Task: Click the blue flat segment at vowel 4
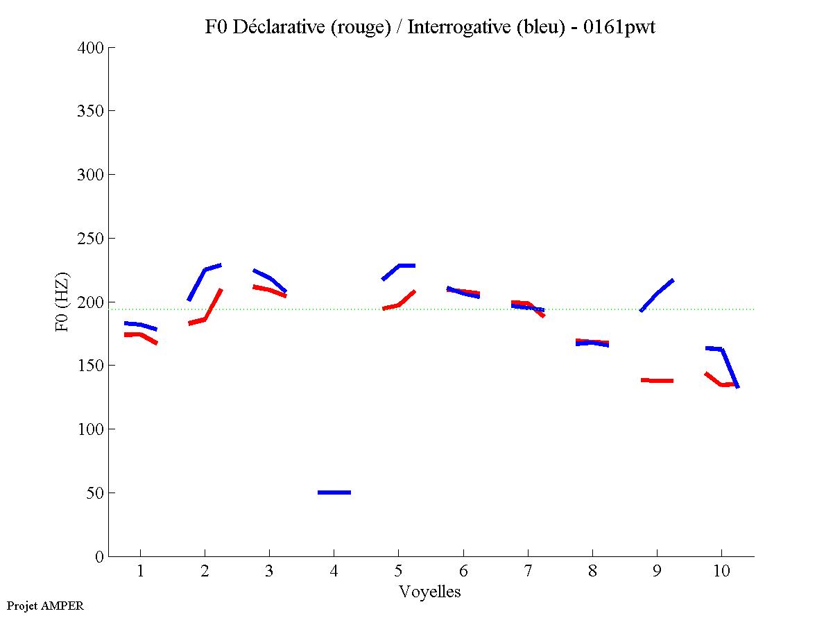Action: (x=334, y=492)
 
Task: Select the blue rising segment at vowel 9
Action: (x=657, y=294)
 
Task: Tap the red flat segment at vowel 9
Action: (x=657, y=380)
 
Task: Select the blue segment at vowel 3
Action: (x=269, y=278)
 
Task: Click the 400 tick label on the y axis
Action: (x=91, y=48)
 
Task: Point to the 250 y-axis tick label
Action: (x=91, y=239)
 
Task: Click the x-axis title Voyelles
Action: (x=430, y=592)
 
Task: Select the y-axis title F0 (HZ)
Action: (x=62, y=302)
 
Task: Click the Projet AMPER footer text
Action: (x=45, y=606)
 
